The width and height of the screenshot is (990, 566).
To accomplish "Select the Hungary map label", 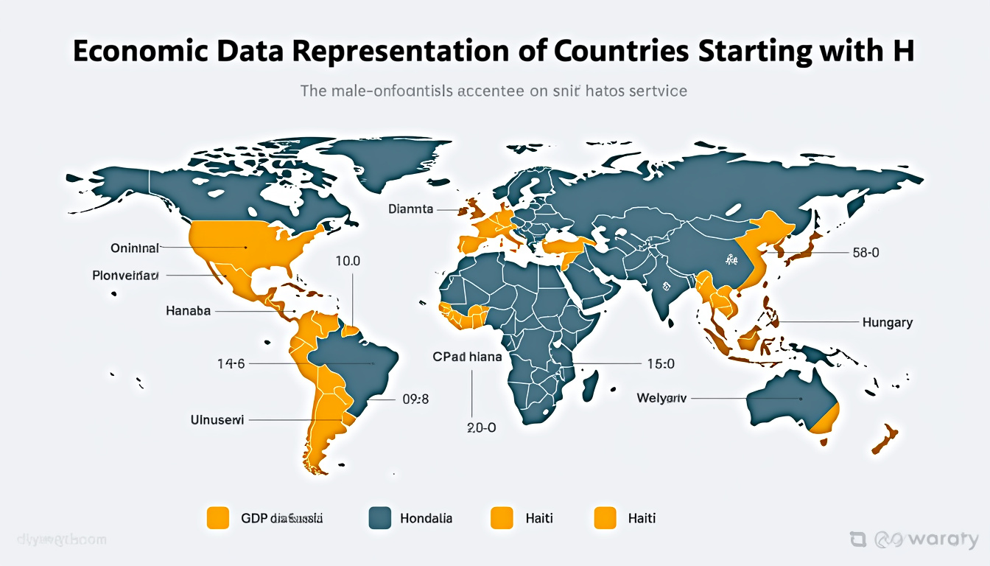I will pyautogui.click(x=887, y=322).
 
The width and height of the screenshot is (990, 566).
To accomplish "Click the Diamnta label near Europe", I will pyautogui.click(x=411, y=209).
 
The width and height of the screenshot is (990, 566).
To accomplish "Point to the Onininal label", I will pyautogui.click(x=135, y=248).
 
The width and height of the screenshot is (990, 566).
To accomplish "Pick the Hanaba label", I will pyautogui.click(x=189, y=311).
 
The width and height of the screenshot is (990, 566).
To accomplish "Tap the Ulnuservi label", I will pyautogui.click(x=217, y=420).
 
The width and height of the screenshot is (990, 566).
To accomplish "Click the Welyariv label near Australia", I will pyautogui.click(x=661, y=398).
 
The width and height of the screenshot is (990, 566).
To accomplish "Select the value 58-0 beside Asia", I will pyautogui.click(x=866, y=253).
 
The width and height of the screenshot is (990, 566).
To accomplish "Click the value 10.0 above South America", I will pyautogui.click(x=348, y=261).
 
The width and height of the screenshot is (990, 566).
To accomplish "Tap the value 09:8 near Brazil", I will pyautogui.click(x=415, y=399).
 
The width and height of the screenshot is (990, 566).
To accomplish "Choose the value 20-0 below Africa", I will pyautogui.click(x=482, y=427).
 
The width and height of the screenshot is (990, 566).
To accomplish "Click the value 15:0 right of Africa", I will pyautogui.click(x=660, y=363).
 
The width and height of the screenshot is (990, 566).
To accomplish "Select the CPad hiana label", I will pyautogui.click(x=467, y=357).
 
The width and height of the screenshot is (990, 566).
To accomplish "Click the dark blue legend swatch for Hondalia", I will pyautogui.click(x=379, y=518).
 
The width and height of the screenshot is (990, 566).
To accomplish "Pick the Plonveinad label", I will pyautogui.click(x=125, y=276).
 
